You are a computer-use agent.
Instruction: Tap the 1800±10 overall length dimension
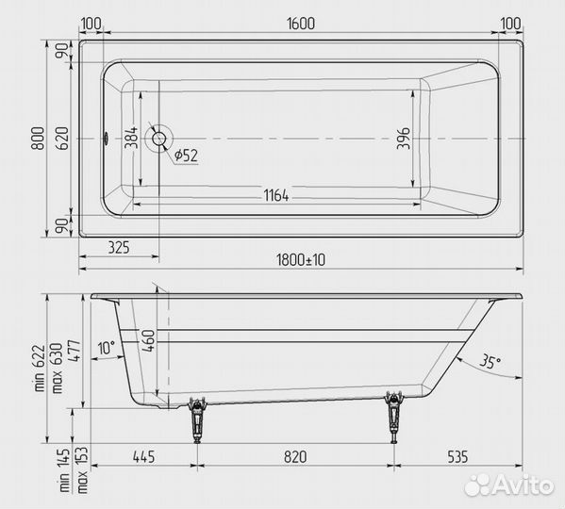pyautogui.click(x=301, y=260)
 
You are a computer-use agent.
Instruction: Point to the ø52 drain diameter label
pyautogui.click(x=185, y=154)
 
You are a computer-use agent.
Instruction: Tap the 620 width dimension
pyautogui.click(x=62, y=140)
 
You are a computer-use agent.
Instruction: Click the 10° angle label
pyautogui.click(x=105, y=347)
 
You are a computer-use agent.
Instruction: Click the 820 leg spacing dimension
pyautogui.click(x=295, y=458)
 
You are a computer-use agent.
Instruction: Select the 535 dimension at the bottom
pyautogui.click(x=457, y=458)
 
